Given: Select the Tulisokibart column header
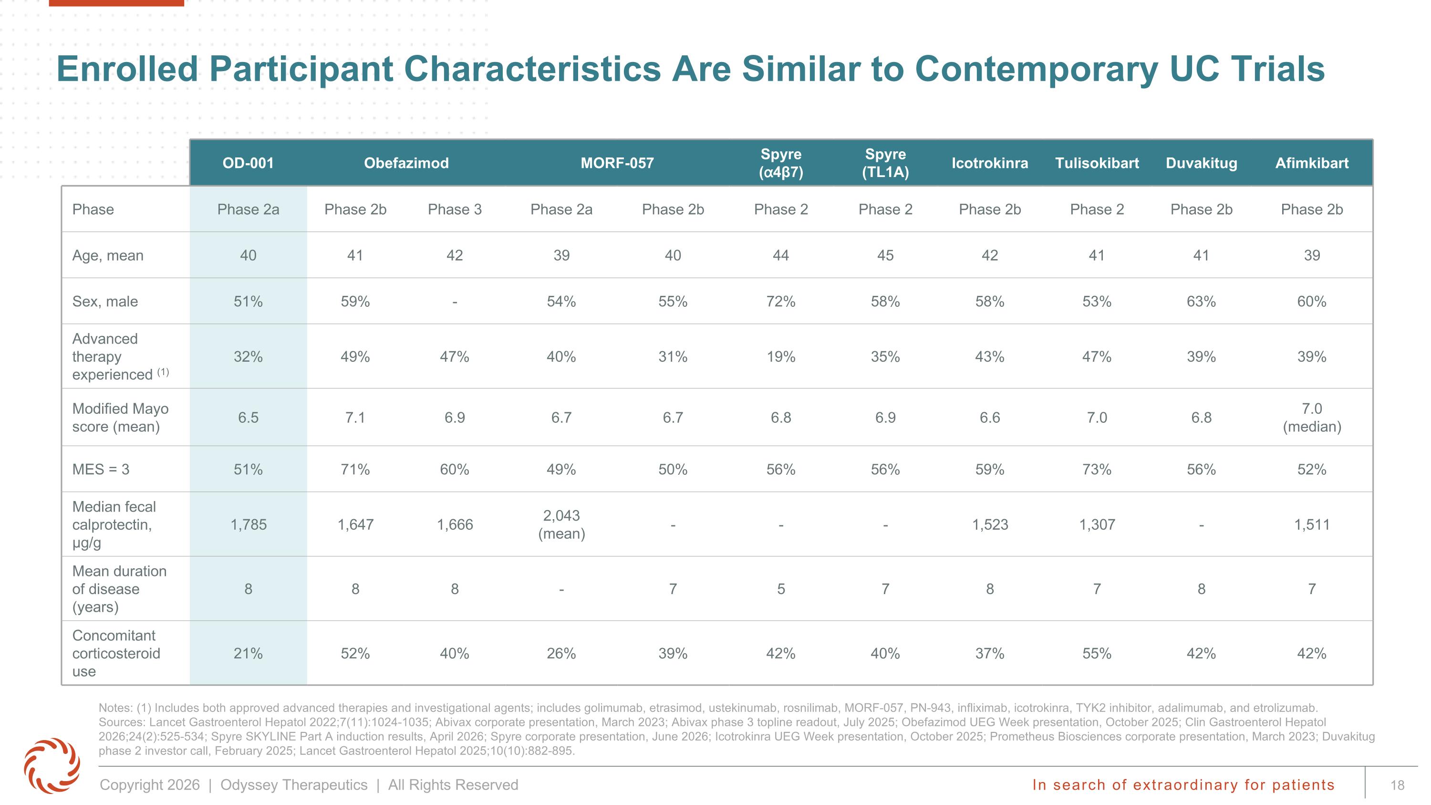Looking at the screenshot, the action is pos(1097,163).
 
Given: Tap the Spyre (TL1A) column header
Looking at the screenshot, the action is pos(885,163).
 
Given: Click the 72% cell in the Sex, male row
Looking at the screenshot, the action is pos(780,302).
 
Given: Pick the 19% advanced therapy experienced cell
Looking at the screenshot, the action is pos(780,356).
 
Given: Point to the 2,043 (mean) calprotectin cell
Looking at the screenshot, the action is pos(561,524).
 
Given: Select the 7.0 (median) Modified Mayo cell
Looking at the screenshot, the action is pos(1312,417).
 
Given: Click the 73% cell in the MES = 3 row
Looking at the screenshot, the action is pos(1097,470).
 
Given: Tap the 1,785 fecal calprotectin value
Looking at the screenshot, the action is pos(249,524).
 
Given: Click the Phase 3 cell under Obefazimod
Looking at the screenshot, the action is pos(455,209).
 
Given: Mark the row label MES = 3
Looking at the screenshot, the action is pos(101,470).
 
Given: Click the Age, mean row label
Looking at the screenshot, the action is pos(108,256).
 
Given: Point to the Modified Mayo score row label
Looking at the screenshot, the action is pos(120,417).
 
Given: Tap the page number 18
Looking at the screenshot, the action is pos(1397,785).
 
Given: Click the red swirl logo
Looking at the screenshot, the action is pos(52,765).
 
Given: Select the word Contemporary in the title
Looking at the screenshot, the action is pos(1037,70).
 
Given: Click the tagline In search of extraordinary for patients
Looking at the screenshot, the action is pos(1183,784).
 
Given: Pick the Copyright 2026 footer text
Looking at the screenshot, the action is pos(149,785).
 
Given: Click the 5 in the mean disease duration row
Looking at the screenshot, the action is pos(780,589).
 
